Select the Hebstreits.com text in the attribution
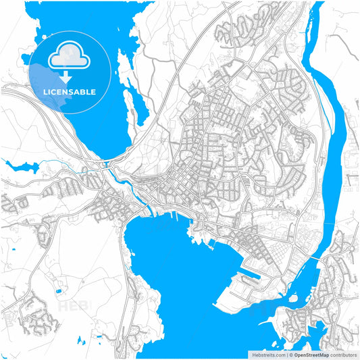(266, 353)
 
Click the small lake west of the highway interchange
(18, 166)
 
